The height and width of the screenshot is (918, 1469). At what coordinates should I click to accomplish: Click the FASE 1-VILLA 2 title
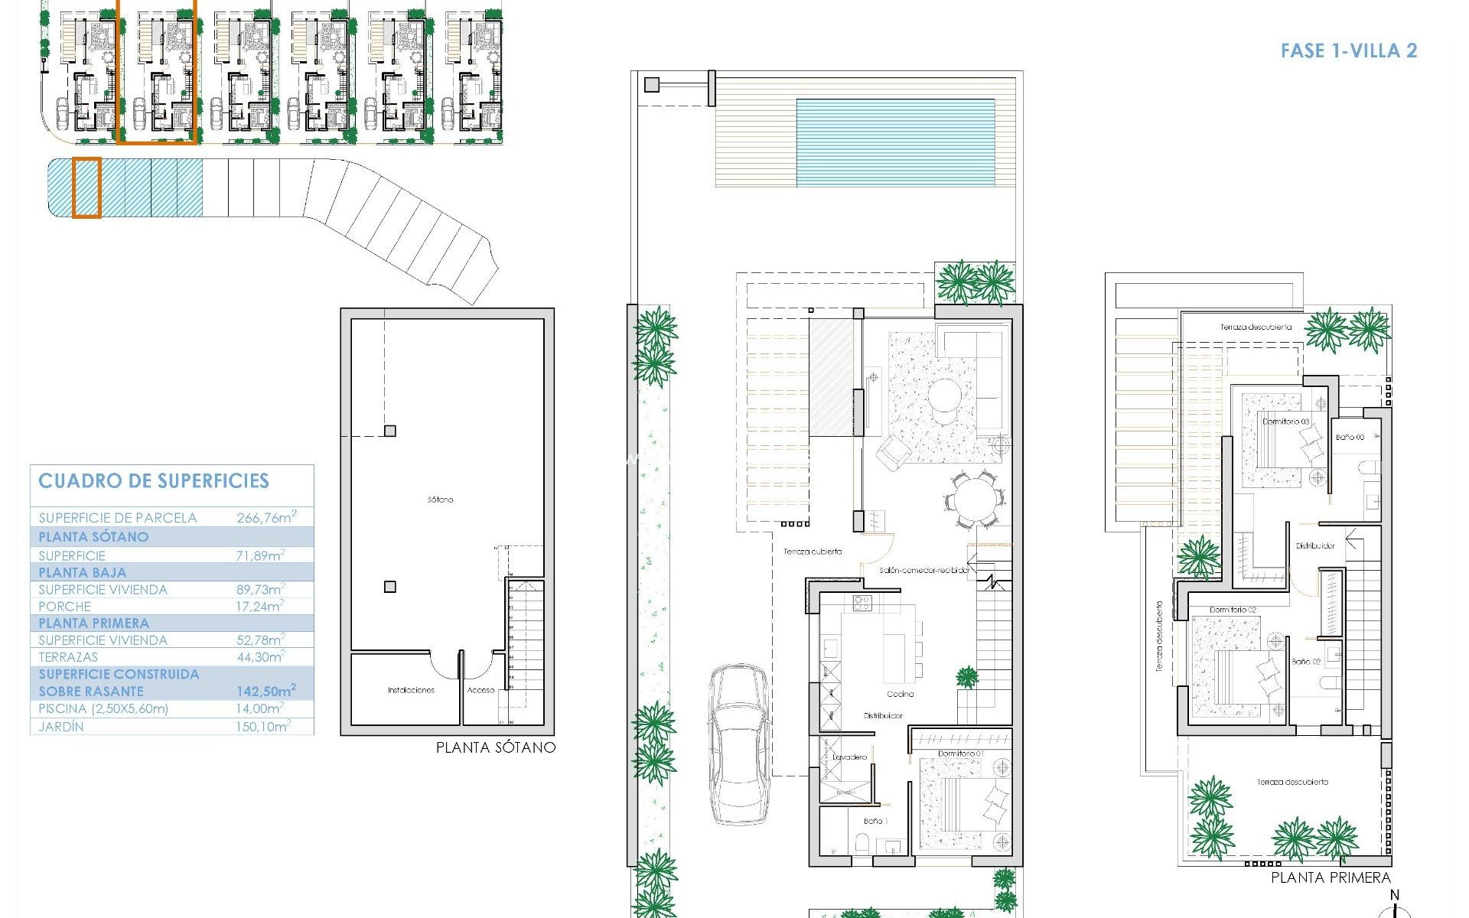(x=1348, y=51)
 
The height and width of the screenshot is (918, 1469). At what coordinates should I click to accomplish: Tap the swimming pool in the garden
(x=895, y=142)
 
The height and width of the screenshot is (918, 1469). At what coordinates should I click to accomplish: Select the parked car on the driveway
(x=738, y=744)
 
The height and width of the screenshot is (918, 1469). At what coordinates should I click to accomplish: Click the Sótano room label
(x=440, y=500)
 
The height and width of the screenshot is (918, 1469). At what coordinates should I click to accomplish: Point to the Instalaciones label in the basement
(x=411, y=690)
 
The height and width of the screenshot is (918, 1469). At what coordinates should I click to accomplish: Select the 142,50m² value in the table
(x=265, y=691)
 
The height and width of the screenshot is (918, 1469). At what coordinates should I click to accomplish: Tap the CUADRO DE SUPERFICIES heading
(x=154, y=481)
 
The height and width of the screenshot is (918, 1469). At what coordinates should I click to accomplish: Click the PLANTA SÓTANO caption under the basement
(x=495, y=747)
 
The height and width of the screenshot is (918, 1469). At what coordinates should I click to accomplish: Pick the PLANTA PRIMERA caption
(x=1331, y=878)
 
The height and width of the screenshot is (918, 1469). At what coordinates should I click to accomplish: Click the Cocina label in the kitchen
(x=900, y=694)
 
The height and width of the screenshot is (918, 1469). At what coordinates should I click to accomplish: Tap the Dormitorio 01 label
(x=960, y=754)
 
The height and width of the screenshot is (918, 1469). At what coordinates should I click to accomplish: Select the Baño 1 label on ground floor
(x=875, y=821)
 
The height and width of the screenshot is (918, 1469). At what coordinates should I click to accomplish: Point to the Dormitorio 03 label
(x=1285, y=422)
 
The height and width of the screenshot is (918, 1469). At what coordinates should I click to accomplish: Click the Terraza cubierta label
(x=812, y=551)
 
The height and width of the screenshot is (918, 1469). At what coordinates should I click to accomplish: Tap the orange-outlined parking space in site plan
(x=86, y=188)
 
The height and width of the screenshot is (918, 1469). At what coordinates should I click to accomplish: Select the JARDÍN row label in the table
(x=61, y=727)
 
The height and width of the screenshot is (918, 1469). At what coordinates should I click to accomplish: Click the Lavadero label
(x=849, y=757)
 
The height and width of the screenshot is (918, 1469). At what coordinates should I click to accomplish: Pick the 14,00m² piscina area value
(x=259, y=708)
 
